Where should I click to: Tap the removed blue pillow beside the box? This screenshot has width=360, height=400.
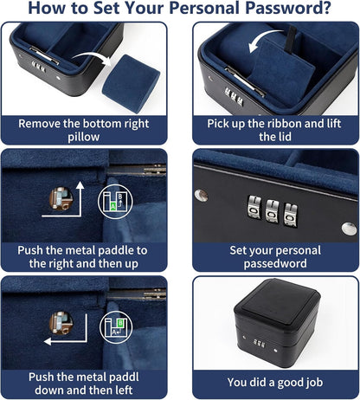(127, 76)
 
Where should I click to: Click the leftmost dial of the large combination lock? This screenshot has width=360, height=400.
(254, 210)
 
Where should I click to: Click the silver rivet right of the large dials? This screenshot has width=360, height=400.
(349, 229)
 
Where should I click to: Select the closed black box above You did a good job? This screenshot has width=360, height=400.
(274, 325)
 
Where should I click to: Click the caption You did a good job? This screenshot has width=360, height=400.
(274, 382)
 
